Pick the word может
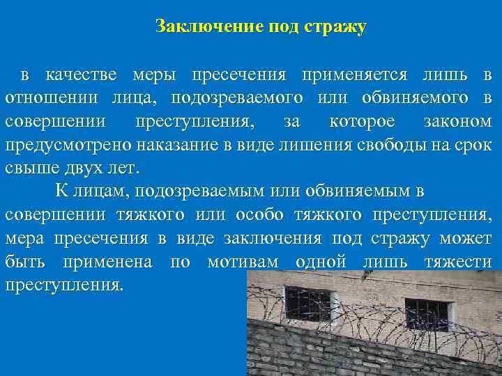[x=466, y=239]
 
